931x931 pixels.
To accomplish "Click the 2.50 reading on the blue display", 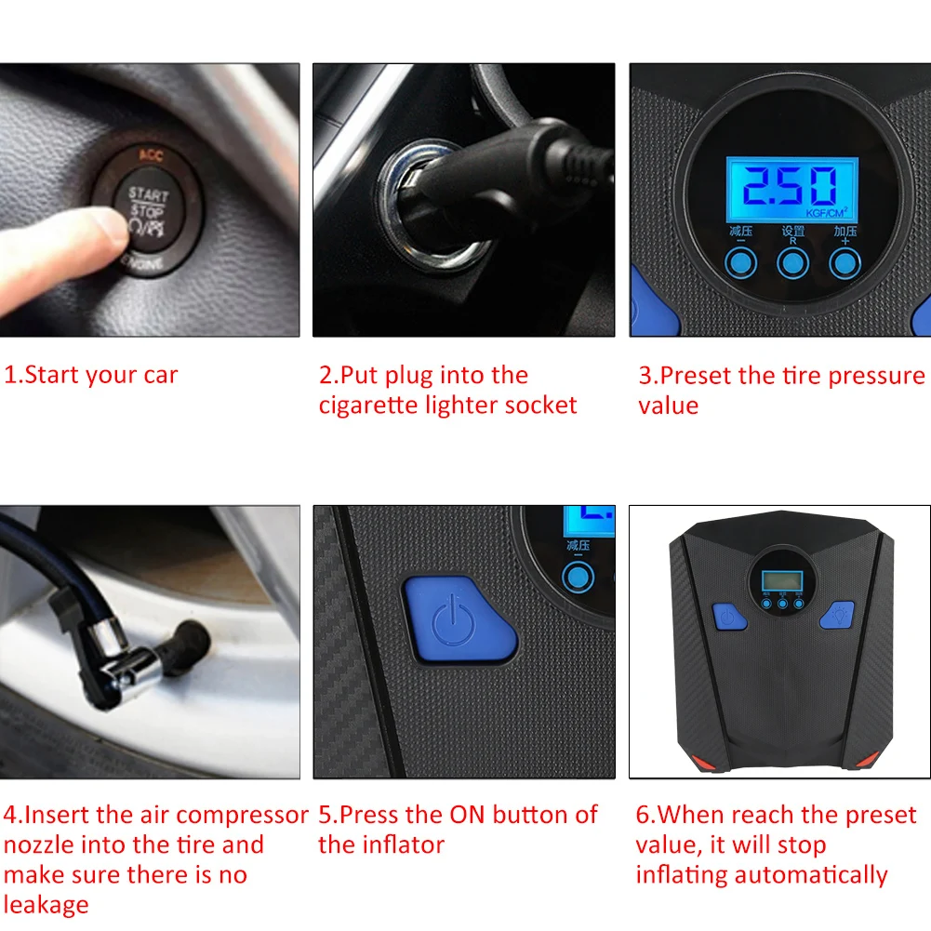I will point(790,186).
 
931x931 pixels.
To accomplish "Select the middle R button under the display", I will point(791,263).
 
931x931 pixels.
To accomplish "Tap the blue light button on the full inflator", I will point(835,615).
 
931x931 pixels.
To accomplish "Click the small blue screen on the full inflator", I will point(779,580).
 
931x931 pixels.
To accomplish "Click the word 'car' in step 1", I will point(160,376).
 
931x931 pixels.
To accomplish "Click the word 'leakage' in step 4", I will point(47,905).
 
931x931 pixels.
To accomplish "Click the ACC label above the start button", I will point(150,155).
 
